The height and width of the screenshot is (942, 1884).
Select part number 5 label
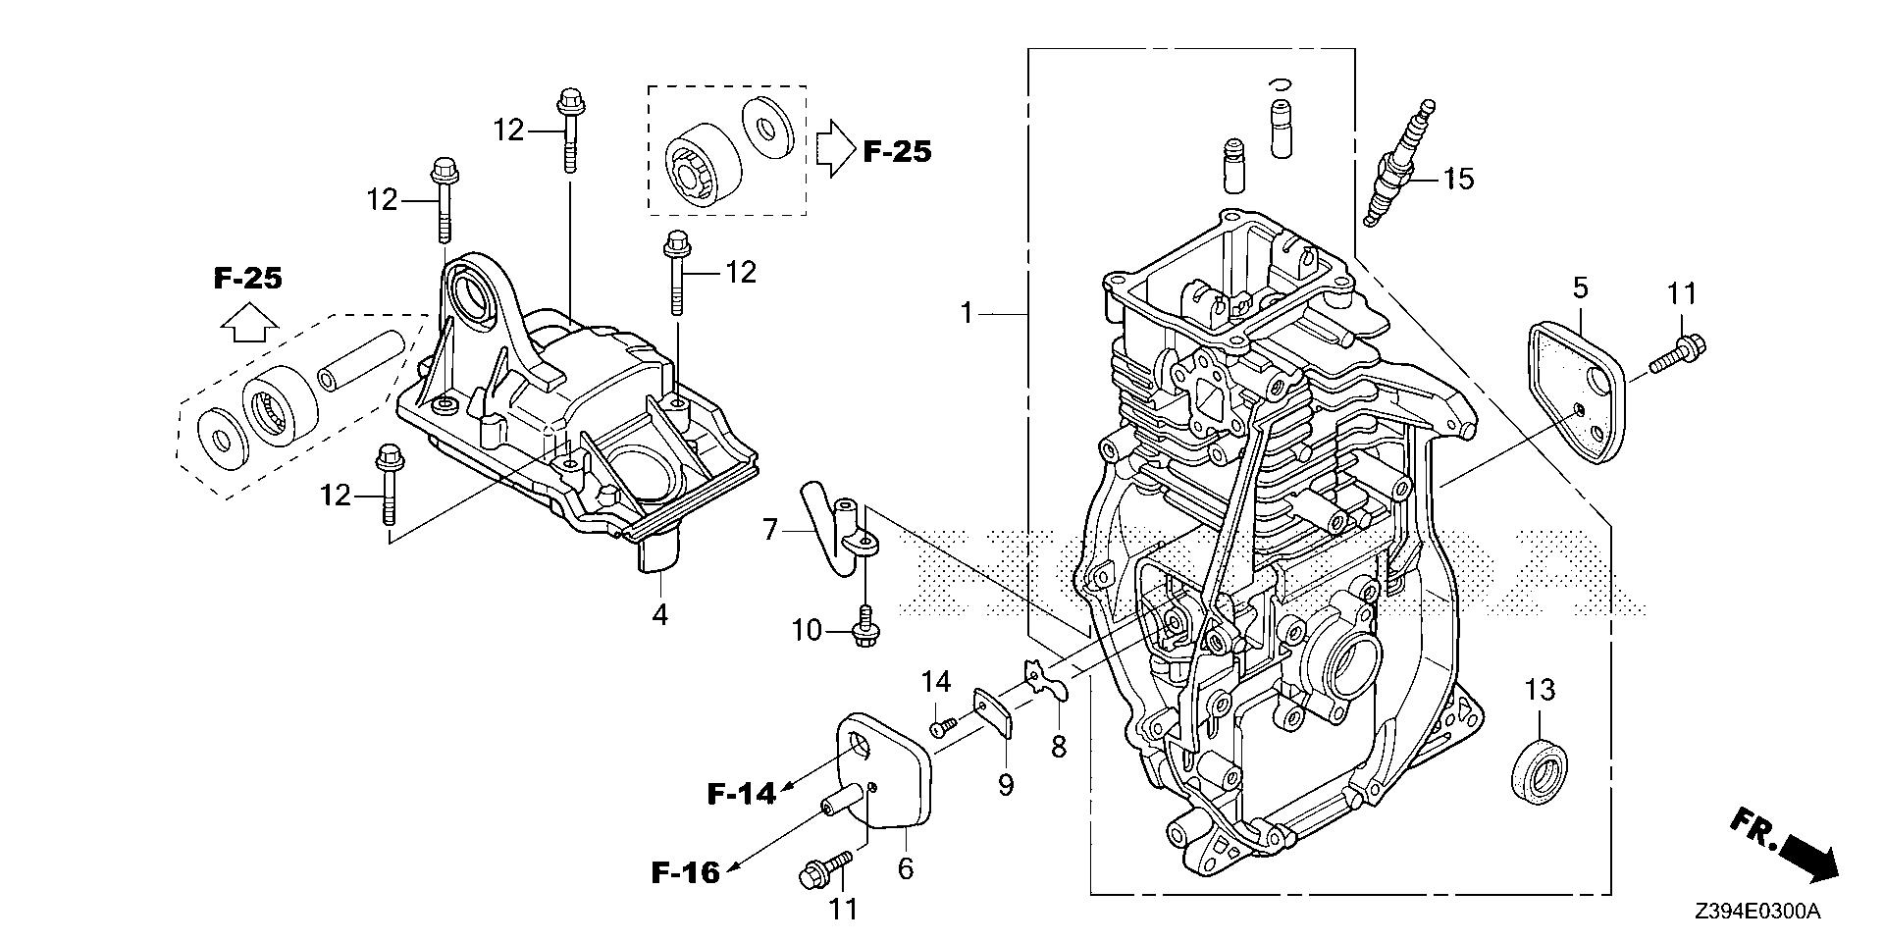coord(1580,288)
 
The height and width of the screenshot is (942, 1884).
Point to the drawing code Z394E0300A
coord(1756,912)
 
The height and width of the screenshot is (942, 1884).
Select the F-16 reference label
coord(686,871)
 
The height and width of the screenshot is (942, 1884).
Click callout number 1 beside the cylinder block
coord(967,314)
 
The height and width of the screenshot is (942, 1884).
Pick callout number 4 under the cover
coord(660,615)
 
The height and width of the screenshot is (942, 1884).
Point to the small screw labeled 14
coord(944,726)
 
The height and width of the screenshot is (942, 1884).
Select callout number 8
coord(1058,747)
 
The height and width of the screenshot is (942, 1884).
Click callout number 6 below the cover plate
coord(905,868)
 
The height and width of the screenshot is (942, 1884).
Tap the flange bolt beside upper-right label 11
coord(1678,354)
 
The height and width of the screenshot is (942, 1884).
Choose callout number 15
coord(1458,179)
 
